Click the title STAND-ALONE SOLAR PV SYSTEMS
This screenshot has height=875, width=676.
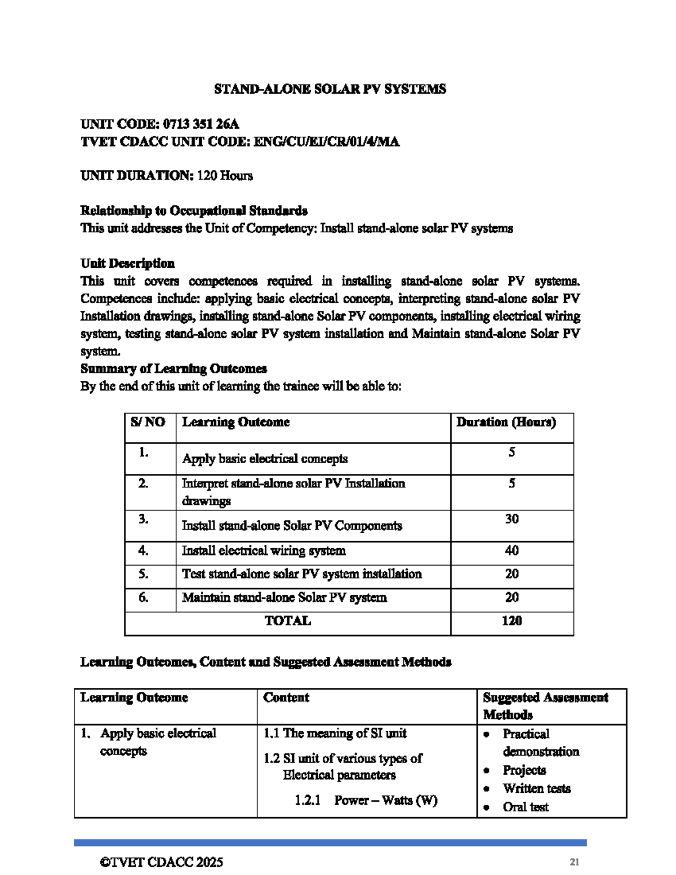(330, 89)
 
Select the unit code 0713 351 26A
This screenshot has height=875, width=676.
(201, 124)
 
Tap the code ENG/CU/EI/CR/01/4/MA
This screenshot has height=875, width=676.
(326, 141)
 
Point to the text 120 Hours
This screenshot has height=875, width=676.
(225, 176)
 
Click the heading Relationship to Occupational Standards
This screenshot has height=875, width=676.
(194, 211)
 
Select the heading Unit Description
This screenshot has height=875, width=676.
(127, 263)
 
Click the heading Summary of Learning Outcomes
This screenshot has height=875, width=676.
(174, 368)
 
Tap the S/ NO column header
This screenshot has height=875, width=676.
(148, 422)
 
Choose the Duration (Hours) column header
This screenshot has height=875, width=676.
(506, 422)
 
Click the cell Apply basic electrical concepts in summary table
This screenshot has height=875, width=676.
(265, 459)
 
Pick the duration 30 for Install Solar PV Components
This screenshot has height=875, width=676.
(512, 519)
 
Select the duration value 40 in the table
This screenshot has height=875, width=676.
(512, 550)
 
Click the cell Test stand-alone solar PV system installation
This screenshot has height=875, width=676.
(301, 574)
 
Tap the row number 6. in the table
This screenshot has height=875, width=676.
(144, 597)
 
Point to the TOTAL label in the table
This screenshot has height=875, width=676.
(287, 621)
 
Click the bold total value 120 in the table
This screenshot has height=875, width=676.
(512, 621)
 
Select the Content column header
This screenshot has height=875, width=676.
(286, 698)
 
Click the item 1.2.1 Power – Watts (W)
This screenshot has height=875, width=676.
(366, 800)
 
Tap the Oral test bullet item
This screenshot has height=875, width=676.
(525, 807)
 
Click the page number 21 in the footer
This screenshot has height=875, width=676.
(575, 862)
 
